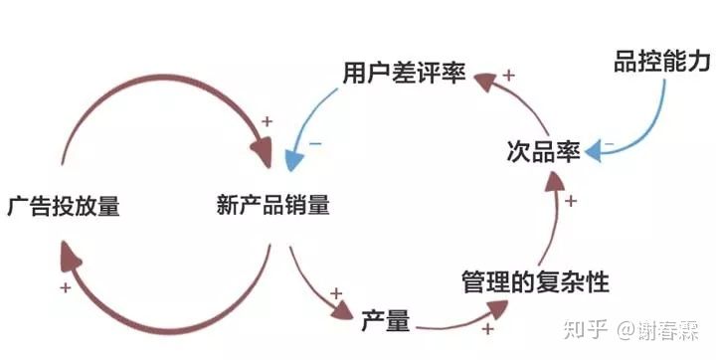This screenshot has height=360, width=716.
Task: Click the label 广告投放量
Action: point(63,207)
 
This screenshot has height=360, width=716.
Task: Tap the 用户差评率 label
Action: point(404,74)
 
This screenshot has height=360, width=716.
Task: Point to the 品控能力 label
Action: point(661,62)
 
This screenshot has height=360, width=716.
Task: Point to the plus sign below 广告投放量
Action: point(65,287)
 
